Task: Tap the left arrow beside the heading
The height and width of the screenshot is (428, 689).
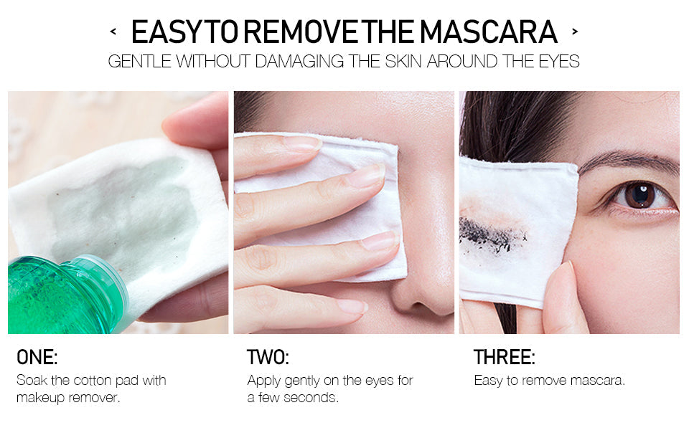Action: (113, 32)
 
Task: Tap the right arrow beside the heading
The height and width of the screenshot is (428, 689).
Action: (574, 32)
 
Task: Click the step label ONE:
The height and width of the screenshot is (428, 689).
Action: (37, 358)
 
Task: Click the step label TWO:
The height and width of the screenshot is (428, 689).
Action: (268, 358)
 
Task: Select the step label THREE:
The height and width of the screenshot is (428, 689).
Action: (504, 358)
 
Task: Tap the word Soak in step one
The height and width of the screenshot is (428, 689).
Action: (31, 380)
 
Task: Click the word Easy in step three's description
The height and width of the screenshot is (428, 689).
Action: (487, 380)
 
